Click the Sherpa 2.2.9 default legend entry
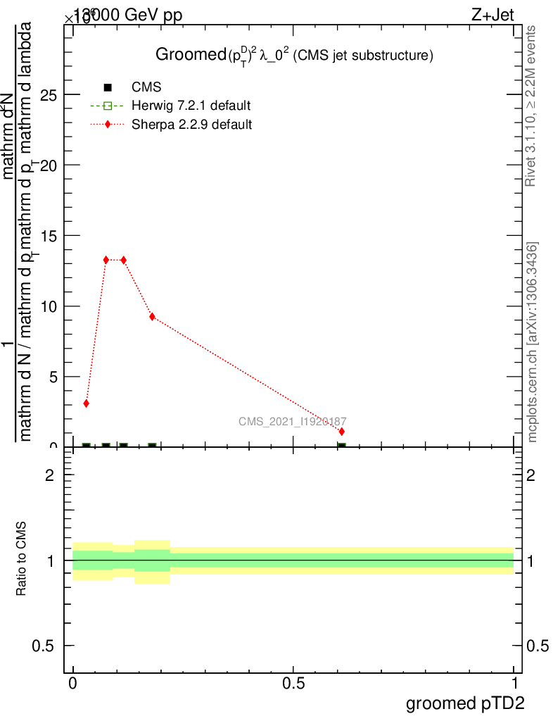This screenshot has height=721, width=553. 191,125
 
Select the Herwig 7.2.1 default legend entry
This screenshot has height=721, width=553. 191,106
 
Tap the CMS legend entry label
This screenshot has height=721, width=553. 146,87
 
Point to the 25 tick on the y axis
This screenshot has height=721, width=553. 49,95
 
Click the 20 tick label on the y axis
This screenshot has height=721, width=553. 49,165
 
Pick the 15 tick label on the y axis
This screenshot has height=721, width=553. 49,236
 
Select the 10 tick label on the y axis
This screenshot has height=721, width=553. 49,306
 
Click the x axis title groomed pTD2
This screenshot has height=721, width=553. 465,703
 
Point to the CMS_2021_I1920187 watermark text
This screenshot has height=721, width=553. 292,421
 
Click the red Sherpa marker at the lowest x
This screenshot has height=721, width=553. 86,403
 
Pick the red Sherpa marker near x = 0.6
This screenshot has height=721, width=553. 342,431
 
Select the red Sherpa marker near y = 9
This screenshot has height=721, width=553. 152,317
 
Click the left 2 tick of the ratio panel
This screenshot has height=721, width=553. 49,475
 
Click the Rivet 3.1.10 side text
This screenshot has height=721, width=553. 532,106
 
